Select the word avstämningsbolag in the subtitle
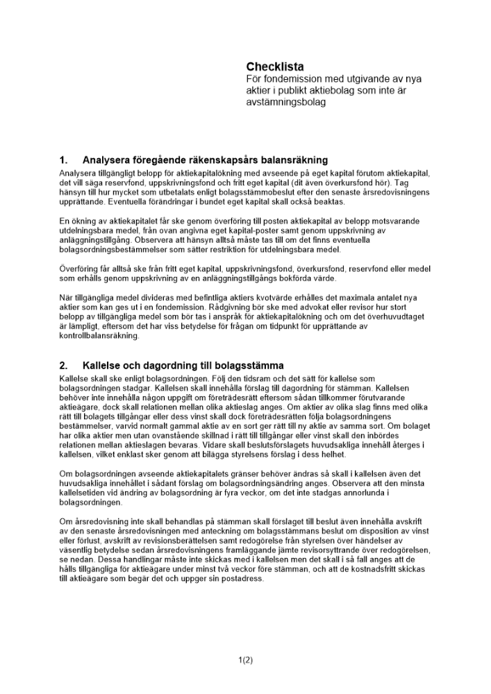coord(286,102)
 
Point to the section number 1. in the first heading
coord(63,160)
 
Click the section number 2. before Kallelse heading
coord(63,365)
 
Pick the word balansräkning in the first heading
coord(287,160)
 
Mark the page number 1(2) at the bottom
coord(245,660)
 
